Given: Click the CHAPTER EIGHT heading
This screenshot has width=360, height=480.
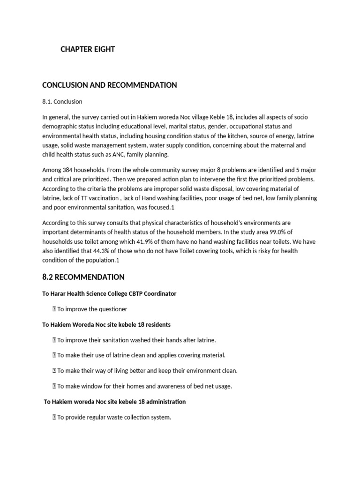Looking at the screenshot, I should pos(88,49).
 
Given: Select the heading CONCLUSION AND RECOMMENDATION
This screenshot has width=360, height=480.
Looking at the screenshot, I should pos(109,85).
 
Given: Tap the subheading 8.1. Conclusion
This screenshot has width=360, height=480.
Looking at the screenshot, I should pos(62,101).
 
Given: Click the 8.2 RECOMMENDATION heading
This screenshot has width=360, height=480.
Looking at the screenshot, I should pos(83,277).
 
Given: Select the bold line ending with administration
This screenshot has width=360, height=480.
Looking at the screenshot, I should pos(114,401).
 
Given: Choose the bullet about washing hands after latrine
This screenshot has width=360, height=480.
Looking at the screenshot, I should pos(136,340).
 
